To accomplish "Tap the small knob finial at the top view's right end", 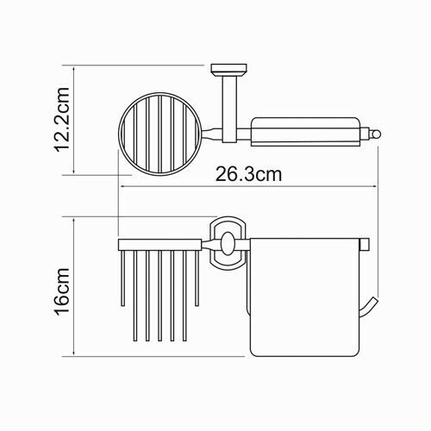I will [x=377, y=132].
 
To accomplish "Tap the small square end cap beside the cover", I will [x=365, y=245].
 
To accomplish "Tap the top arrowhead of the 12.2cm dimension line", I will [x=78, y=67].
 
